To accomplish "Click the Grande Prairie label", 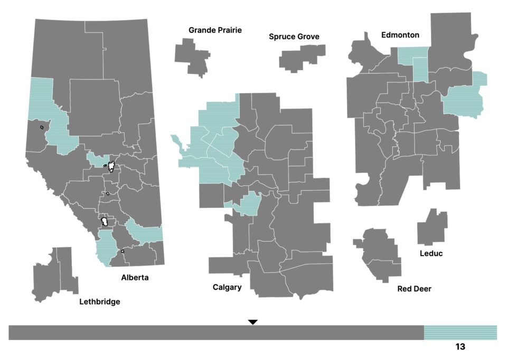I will click(215, 30).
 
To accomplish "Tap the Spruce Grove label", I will click(294, 36).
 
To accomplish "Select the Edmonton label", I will click(400, 35).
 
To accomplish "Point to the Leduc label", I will click(431, 253).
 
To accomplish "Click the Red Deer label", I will click(414, 289).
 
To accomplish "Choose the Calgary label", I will click(227, 287).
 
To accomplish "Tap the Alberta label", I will click(135, 277).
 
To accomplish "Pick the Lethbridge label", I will click(99, 302).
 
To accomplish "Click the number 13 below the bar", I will click(460, 347).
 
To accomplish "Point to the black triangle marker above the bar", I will click(253, 321).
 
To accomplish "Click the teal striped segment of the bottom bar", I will click(460, 333).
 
